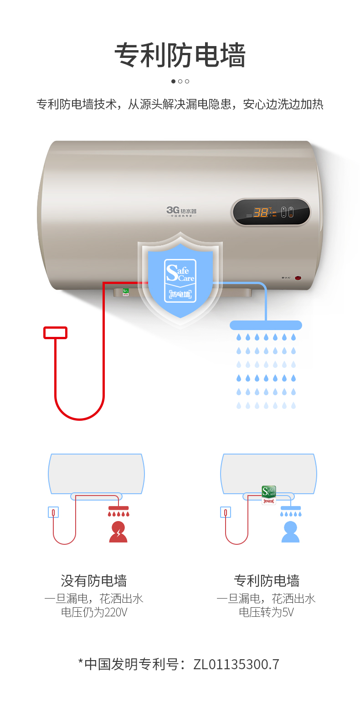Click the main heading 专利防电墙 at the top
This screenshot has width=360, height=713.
180,56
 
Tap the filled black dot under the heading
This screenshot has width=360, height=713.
173,82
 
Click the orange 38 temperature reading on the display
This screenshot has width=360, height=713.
260,212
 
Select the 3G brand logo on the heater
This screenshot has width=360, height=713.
181,210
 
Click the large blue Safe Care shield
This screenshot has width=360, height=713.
180,279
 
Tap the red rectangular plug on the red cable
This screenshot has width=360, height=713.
55,333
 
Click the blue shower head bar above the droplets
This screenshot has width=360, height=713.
266,325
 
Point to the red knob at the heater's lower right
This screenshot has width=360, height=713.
298,277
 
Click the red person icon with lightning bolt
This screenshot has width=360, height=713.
118,532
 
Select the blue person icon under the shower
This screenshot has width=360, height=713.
290,532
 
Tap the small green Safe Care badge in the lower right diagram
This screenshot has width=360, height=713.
269,492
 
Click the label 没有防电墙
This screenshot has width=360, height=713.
94,581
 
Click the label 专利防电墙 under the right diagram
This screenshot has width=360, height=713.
267,581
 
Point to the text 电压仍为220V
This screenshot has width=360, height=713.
94,612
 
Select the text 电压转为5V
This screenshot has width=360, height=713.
267,612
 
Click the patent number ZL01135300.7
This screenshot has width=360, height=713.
236,664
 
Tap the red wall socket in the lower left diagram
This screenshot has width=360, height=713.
53,512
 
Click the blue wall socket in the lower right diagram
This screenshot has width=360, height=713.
226,512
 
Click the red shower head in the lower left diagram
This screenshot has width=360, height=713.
118,508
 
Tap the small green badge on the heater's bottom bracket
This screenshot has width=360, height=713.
126,291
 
